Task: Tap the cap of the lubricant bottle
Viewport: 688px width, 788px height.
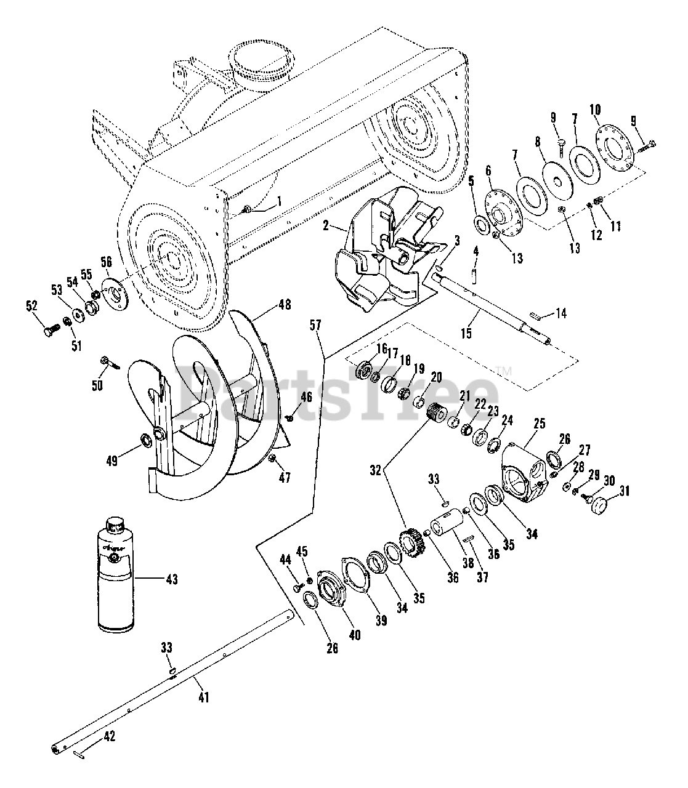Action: coord(114,525)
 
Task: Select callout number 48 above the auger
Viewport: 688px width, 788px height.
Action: coord(285,305)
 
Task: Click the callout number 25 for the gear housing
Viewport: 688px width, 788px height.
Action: coord(540,424)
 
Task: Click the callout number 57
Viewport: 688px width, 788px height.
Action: coord(315,325)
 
